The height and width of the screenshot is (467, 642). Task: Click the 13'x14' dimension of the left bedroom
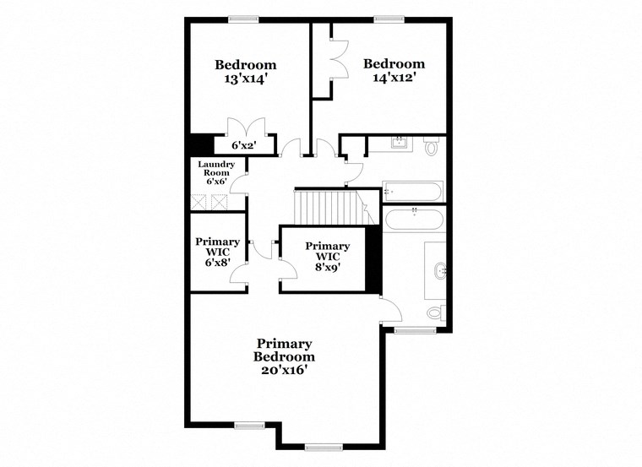pyautogui.click(x=245, y=79)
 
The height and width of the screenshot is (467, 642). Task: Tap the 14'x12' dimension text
pyautogui.click(x=393, y=79)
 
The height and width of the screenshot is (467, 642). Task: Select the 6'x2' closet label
pyautogui.click(x=242, y=146)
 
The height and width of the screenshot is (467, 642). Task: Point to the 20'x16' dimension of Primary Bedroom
pyautogui.click(x=285, y=369)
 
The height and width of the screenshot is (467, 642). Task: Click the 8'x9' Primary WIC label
pyautogui.click(x=327, y=269)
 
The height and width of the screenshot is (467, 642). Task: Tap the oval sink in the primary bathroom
pyautogui.click(x=438, y=271)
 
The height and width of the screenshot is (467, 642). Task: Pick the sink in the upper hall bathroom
pyautogui.click(x=400, y=144)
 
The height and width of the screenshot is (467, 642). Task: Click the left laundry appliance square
pyautogui.click(x=199, y=202)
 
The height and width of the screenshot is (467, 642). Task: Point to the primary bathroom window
pyautogui.click(x=414, y=330)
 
